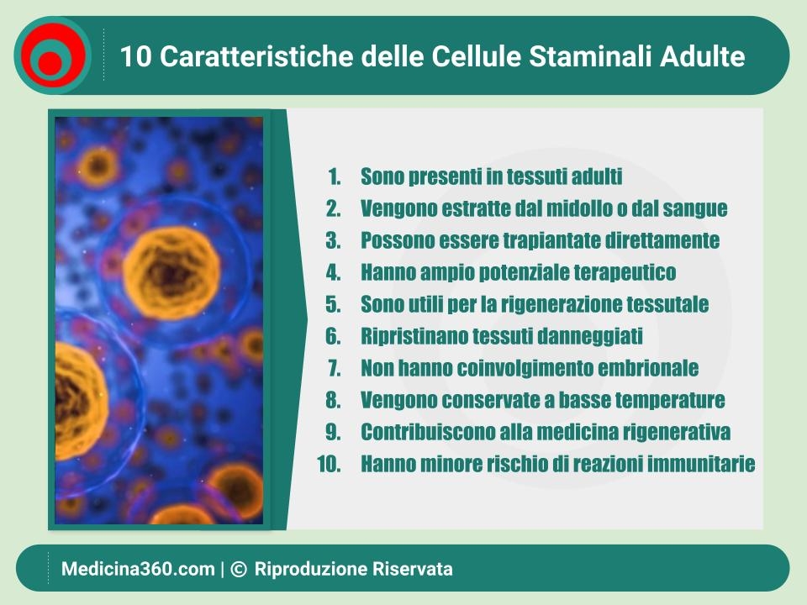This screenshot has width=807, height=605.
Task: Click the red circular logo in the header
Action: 53,55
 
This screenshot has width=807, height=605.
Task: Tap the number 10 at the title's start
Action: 135,56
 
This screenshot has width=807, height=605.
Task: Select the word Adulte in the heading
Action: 702,55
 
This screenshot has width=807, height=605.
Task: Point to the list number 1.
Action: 335,176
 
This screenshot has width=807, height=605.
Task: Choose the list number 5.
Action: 333,304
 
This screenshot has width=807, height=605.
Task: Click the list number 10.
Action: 329,464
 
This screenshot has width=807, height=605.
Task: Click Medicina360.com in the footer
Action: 138,569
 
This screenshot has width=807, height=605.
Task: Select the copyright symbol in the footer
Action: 239,569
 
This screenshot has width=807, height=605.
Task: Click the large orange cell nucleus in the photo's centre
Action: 171,272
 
